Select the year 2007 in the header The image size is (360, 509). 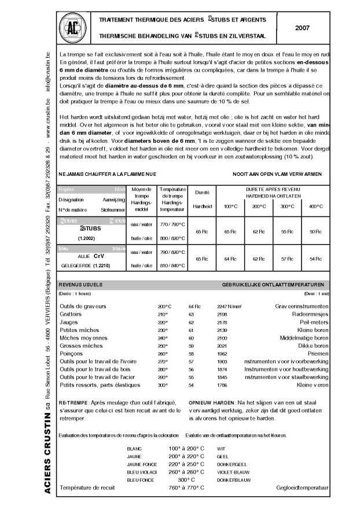303,27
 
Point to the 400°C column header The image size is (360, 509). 316,206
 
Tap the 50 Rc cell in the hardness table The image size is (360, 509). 316,231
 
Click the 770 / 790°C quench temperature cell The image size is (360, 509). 171,224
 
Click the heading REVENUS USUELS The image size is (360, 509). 81,285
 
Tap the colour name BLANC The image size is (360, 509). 134,448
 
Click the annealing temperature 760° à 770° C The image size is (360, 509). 186,488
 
